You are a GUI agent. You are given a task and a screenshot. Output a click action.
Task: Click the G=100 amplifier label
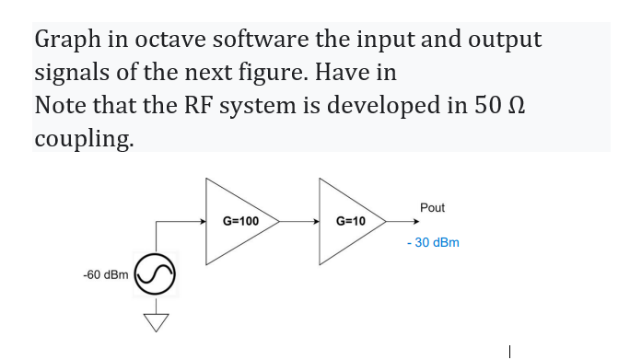click(240, 221)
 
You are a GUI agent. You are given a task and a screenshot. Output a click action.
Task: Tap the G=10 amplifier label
click(351, 221)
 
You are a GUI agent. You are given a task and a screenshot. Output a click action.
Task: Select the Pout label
click(432, 208)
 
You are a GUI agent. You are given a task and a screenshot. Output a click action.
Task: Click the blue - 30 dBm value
click(433, 243)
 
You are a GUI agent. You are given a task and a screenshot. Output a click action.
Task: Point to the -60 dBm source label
click(106, 274)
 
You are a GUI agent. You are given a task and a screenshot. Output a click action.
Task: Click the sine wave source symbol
click(155, 274)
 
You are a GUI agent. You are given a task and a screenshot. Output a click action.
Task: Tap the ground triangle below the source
click(157, 322)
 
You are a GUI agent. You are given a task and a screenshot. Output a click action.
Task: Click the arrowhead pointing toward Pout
click(416, 221)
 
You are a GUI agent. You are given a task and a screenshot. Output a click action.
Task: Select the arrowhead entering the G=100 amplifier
click(203, 221)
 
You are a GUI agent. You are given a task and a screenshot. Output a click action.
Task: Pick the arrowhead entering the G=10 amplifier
click(317, 221)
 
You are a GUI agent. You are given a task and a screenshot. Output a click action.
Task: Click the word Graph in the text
click(67, 41)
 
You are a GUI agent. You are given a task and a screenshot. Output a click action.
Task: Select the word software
click(261, 39)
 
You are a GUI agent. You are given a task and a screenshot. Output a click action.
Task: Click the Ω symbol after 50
click(516, 106)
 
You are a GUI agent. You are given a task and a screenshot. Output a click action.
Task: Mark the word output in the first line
click(505, 41)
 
